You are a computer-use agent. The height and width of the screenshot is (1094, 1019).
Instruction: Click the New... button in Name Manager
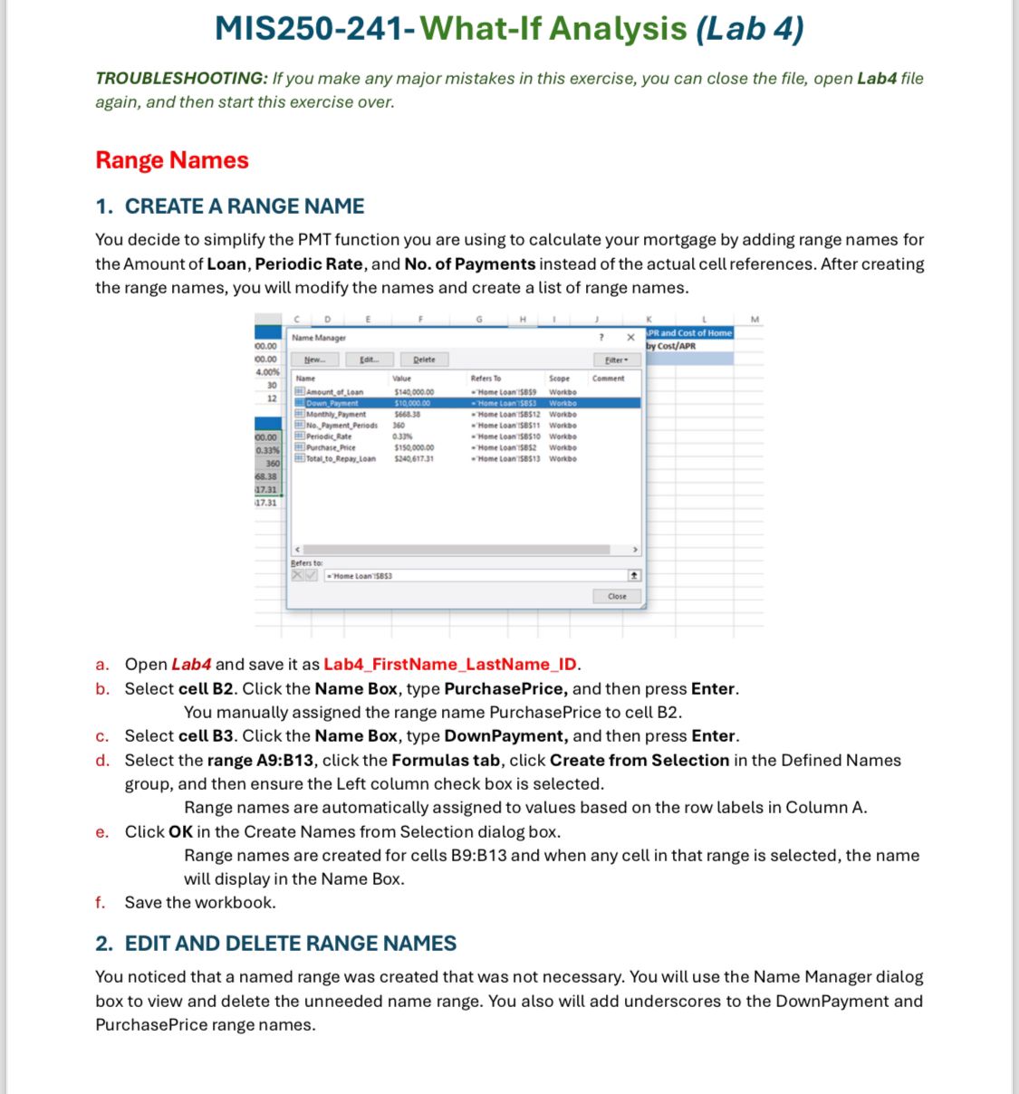point(314,360)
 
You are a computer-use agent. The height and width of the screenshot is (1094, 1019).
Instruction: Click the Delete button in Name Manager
point(424,360)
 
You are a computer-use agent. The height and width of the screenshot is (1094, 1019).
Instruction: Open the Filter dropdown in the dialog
point(616,360)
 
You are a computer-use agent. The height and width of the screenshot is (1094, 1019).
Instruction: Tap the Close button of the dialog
point(617,596)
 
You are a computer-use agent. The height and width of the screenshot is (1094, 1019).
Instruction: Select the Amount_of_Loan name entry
point(334,392)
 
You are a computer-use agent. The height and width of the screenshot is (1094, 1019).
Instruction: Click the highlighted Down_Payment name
point(332,403)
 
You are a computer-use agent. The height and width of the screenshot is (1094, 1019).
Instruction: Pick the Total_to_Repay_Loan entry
point(341,459)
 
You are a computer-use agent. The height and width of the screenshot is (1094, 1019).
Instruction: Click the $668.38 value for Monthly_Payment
point(407,414)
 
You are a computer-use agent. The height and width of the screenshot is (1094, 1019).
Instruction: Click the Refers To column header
point(485,379)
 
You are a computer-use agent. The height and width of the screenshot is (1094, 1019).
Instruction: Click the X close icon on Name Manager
point(631,338)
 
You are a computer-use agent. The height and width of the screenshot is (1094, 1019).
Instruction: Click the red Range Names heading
point(172,160)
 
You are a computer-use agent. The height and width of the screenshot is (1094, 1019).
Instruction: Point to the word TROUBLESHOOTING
point(180,79)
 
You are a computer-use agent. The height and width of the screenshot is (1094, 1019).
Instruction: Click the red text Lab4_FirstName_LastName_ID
point(450,665)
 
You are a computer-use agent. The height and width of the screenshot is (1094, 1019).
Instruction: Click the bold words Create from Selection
point(639,761)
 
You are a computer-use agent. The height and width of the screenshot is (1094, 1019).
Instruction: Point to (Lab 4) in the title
point(749,29)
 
